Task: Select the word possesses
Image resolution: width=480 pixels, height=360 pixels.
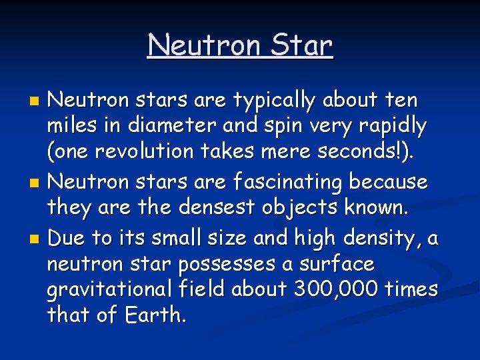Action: point(227,265)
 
